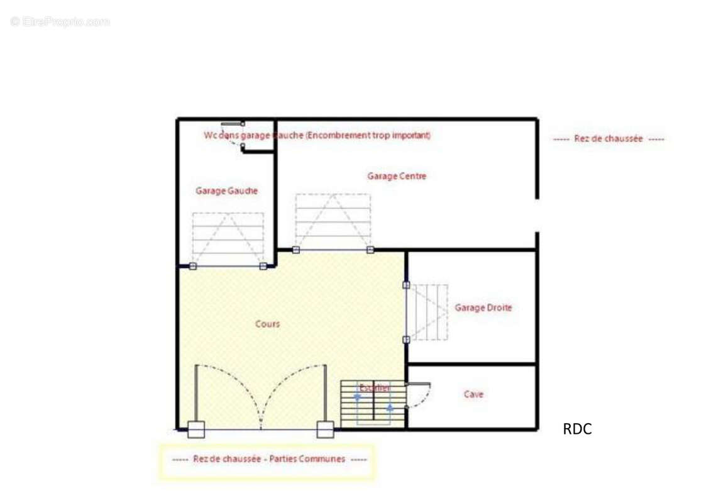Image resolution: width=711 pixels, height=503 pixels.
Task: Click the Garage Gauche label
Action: [x=226, y=191]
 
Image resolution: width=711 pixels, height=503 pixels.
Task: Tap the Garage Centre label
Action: [x=397, y=176]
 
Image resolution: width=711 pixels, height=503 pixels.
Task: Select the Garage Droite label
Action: [x=483, y=307]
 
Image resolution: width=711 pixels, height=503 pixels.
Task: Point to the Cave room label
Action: [x=473, y=394]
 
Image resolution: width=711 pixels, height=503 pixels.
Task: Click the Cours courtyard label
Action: [x=267, y=324]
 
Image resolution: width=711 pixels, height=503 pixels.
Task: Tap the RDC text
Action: [x=577, y=429]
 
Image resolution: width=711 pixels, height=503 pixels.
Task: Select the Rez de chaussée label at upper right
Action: [x=608, y=139]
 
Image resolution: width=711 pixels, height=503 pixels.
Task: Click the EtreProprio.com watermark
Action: [x=60, y=21]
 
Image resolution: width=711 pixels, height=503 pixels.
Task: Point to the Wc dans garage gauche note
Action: [x=317, y=135]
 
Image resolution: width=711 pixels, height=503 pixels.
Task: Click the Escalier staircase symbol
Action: [x=373, y=402]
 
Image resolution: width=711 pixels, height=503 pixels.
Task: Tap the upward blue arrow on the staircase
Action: [x=390, y=407]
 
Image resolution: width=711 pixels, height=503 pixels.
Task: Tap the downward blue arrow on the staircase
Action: [x=358, y=396]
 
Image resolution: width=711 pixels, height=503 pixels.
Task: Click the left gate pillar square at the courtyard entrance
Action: [x=196, y=429]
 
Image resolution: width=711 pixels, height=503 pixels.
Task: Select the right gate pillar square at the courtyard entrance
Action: [x=325, y=429]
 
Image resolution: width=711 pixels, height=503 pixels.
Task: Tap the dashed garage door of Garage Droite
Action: [x=427, y=312]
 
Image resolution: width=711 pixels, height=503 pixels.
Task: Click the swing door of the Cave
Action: [x=419, y=395]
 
